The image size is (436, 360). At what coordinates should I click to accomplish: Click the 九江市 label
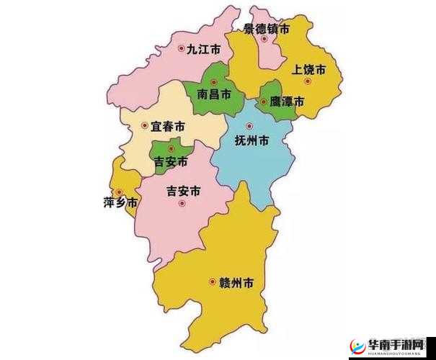click(x=203, y=50)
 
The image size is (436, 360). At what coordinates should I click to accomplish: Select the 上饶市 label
click(x=308, y=70)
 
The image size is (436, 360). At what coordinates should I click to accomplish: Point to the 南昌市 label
click(x=214, y=94)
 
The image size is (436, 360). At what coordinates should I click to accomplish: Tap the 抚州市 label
click(x=252, y=140)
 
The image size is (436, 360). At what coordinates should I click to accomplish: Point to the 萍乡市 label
click(x=120, y=202)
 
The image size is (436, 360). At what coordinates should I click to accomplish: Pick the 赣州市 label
click(x=236, y=282)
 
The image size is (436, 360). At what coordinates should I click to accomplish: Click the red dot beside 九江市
click(x=181, y=49)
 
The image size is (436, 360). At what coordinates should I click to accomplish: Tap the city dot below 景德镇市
click(x=264, y=39)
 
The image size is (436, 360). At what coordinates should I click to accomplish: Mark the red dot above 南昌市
click(x=213, y=82)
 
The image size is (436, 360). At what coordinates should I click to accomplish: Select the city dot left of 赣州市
click(x=212, y=282)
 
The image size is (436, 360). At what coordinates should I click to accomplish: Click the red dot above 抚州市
click(x=249, y=126)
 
